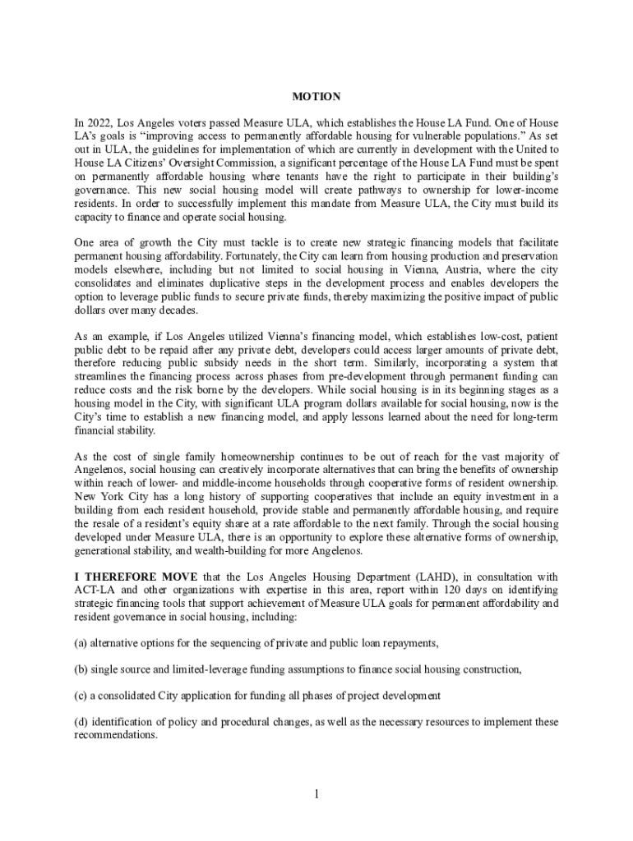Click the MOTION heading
pos(316,97)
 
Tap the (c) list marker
pos(81,696)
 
